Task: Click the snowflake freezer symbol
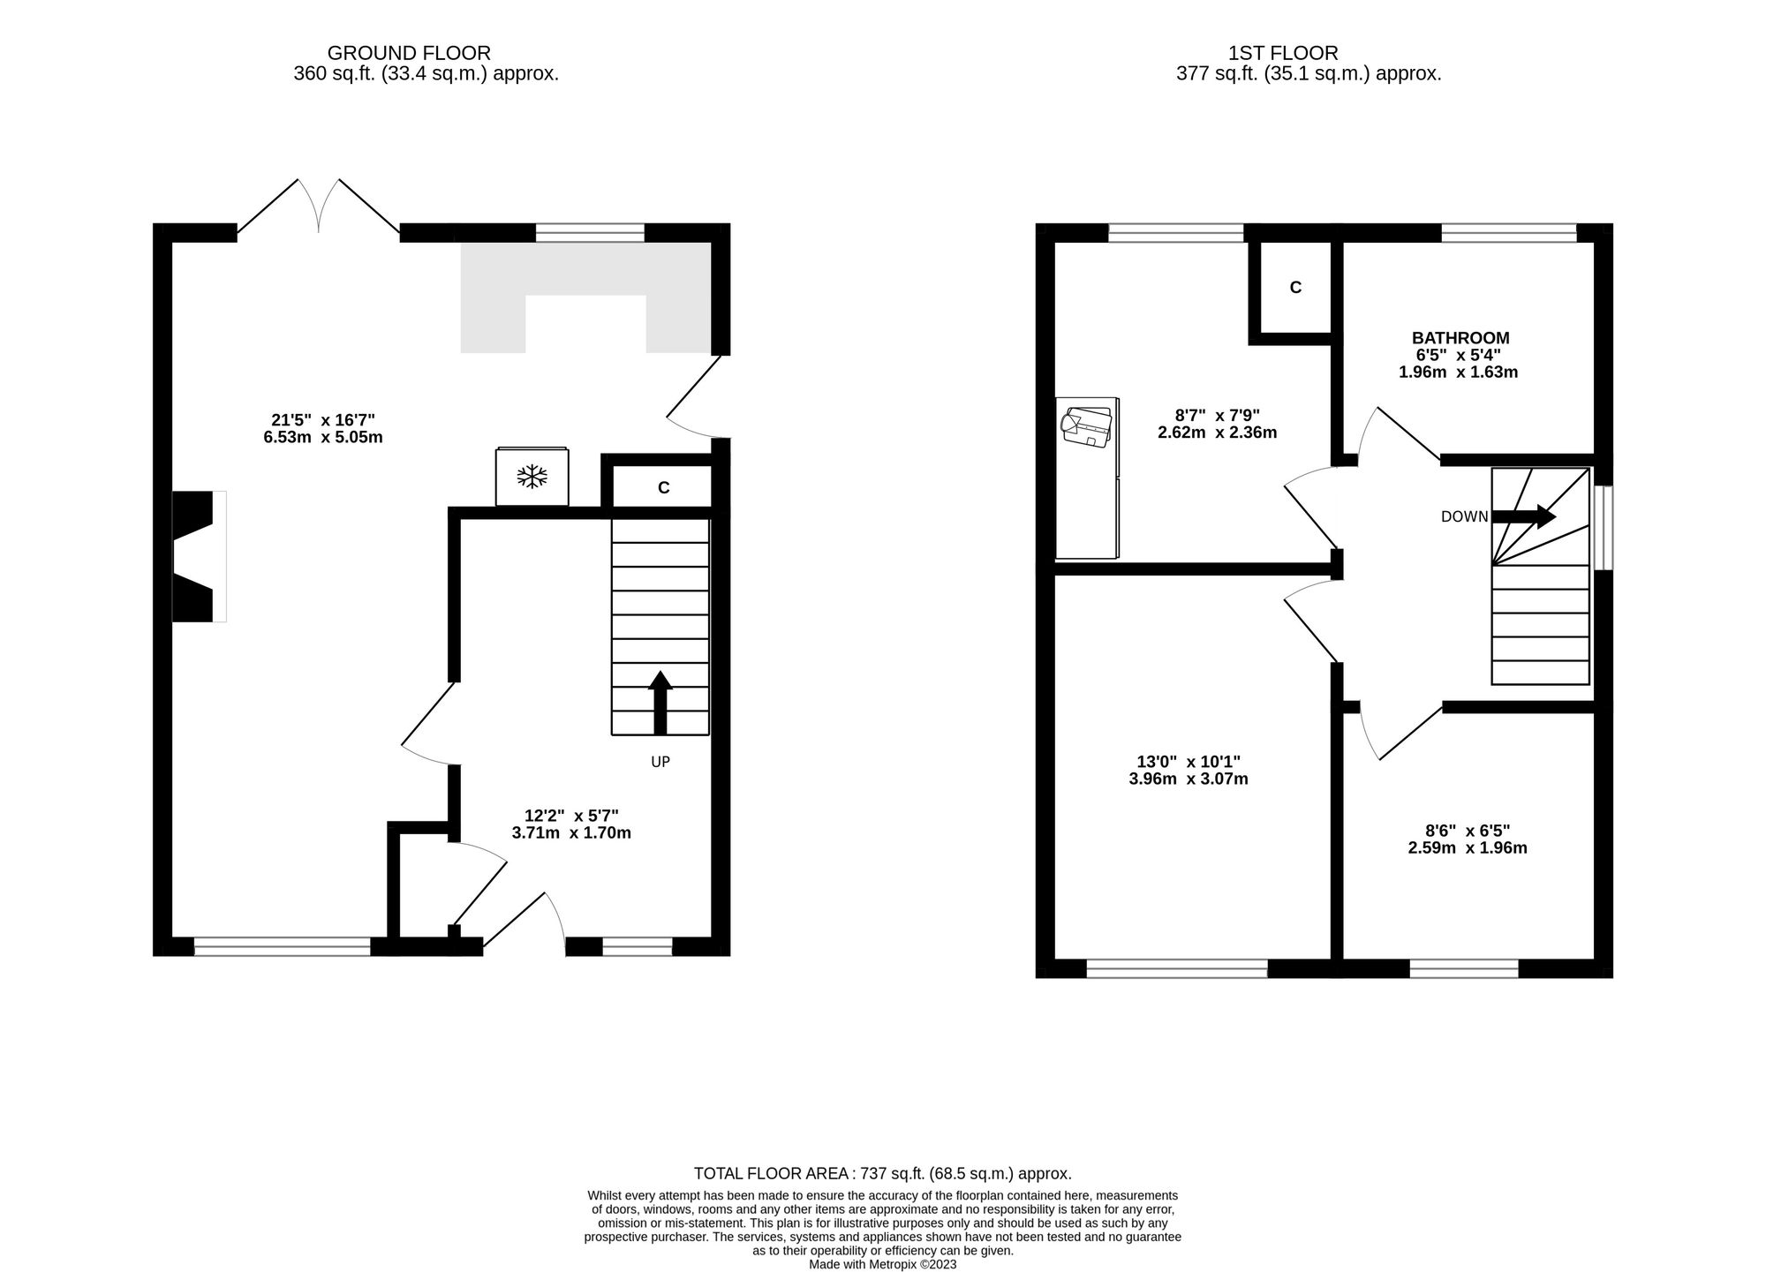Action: (x=532, y=478)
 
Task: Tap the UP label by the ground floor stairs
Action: (x=660, y=762)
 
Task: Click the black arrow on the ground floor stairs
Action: (x=660, y=703)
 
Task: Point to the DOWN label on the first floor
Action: (x=1464, y=517)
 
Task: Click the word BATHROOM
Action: (x=1460, y=338)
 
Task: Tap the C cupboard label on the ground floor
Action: (x=663, y=487)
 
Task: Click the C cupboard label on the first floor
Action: (x=1295, y=288)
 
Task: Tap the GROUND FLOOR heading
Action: (x=409, y=53)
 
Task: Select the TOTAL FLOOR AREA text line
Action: (x=882, y=1174)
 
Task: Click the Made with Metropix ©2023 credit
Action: (x=882, y=1264)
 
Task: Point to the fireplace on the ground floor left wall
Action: (x=196, y=556)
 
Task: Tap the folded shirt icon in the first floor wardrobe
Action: (x=1086, y=425)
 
